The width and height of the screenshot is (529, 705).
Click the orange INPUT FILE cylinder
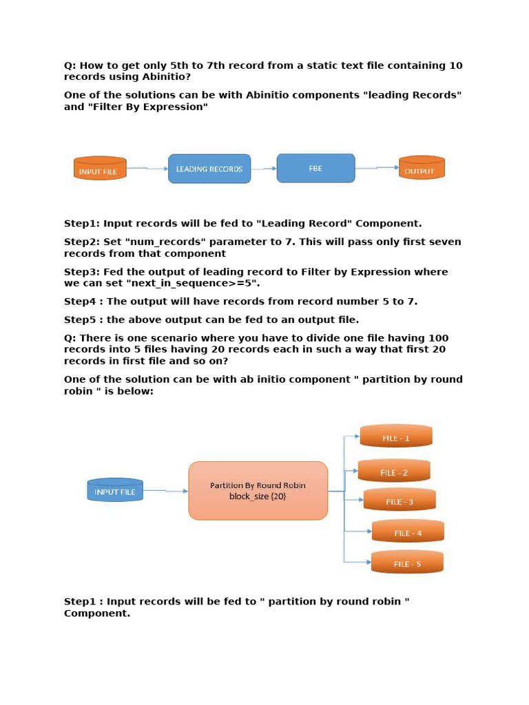click(x=100, y=169)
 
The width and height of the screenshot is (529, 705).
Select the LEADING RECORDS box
click(x=209, y=169)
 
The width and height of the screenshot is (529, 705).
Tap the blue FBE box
click(x=315, y=169)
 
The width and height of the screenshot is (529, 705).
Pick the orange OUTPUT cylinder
click(x=421, y=169)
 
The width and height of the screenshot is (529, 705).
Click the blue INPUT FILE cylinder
click(x=115, y=490)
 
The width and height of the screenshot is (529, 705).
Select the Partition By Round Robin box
click(x=258, y=490)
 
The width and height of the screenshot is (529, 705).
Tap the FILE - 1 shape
click(x=396, y=436)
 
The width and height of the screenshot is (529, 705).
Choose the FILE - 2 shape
click(x=394, y=472)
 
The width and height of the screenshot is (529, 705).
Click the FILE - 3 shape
click(x=400, y=501)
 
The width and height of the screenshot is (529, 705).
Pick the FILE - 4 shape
click(x=408, y=532)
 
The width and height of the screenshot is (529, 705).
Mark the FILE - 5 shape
click(x=407, y=562)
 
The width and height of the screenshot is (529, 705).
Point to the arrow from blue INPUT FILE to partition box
click(x=165, y=491)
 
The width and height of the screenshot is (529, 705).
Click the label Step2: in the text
click(x=82, y=242)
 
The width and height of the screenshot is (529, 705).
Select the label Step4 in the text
click(x=81, y=302)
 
